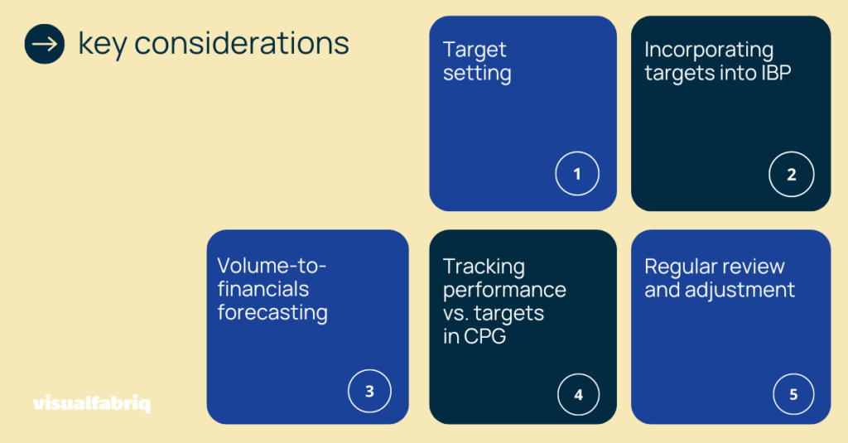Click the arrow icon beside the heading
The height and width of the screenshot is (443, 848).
(45, 44)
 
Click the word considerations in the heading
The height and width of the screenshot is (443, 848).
(242, 43)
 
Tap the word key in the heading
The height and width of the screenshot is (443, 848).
(103, 45)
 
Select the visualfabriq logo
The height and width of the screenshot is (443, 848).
(91, 403)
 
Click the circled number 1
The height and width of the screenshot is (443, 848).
(577, 173)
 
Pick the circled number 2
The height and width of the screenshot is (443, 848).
(791, 174)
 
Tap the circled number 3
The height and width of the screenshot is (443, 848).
(369, 391)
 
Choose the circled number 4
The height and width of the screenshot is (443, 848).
(578, 394)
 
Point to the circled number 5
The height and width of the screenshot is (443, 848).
(793, 394)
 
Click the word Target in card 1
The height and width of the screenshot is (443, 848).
(475, 50)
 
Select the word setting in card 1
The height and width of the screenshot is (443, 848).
(477, 73)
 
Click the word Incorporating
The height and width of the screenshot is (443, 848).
(709, 50)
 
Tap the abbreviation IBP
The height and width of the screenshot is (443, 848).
(776, 73)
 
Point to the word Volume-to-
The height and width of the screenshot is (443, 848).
(272, 266)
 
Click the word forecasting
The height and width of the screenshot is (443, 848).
(272, 313)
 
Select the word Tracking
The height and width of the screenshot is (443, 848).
(484, 267)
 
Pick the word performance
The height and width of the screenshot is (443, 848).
(504, 291)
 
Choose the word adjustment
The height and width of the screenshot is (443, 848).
(740, 290)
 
